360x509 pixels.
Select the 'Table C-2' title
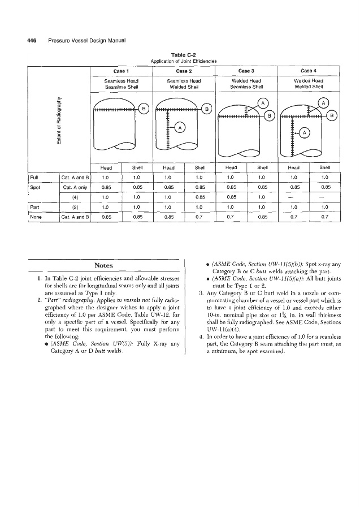point(180,55)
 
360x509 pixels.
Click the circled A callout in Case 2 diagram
point(179,127)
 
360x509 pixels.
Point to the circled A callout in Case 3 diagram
point(262,103)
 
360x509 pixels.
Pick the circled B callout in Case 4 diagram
point(333,115)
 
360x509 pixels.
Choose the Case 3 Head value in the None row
point(231,215)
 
